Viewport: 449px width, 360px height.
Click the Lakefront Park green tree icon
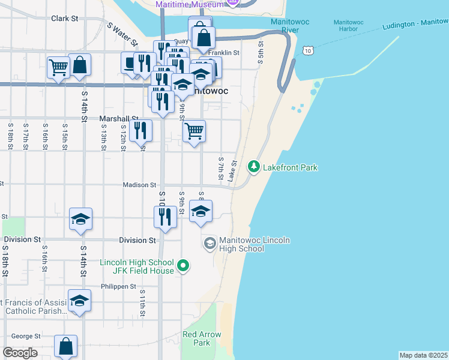click(x=254, y=166)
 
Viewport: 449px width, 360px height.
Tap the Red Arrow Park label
click(x=202, y=338)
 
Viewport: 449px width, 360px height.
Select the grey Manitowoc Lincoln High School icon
click(x=209, y=243)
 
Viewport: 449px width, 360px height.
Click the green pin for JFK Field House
click(x=184, y=265)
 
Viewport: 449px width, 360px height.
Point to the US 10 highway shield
click(x=308, y=52)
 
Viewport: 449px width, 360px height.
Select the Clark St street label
click(x=65, y=19)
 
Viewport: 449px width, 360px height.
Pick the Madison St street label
click(x=140, y=185)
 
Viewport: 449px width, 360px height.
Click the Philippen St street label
click(x=119, y=287)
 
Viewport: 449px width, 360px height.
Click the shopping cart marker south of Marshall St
click(x=194, y=130)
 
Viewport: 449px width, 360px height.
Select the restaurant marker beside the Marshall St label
click(x=140, y=130)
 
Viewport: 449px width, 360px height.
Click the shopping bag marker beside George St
click(x=65, y=346)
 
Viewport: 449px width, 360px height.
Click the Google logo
click(x=20, y=353)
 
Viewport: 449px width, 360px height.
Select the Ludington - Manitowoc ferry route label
click(x=414, y=25)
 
